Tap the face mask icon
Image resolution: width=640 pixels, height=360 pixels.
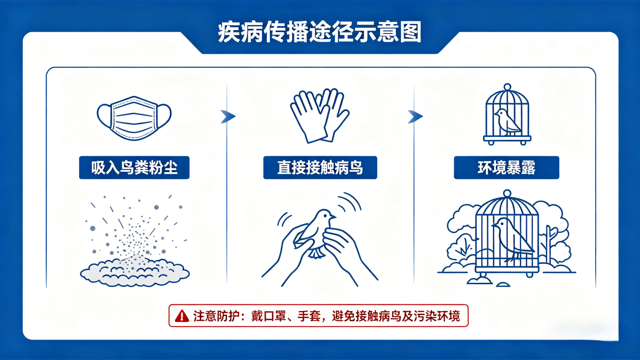[134, 118]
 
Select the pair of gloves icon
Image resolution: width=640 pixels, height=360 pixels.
[319, 116]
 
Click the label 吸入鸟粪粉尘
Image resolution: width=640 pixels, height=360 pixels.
[134, 168]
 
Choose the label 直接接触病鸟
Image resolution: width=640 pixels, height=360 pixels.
[320, 168]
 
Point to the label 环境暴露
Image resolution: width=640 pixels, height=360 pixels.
[506, 168]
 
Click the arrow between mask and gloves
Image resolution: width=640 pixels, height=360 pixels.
[228, 116]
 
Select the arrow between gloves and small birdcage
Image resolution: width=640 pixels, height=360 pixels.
[415, 116]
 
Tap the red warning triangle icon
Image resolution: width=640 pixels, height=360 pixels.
[182, 316]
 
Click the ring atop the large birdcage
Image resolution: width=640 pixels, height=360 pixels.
[507, 194]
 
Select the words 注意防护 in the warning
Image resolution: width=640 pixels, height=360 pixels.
[216, 316]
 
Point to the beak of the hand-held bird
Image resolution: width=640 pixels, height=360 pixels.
[334, 217]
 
